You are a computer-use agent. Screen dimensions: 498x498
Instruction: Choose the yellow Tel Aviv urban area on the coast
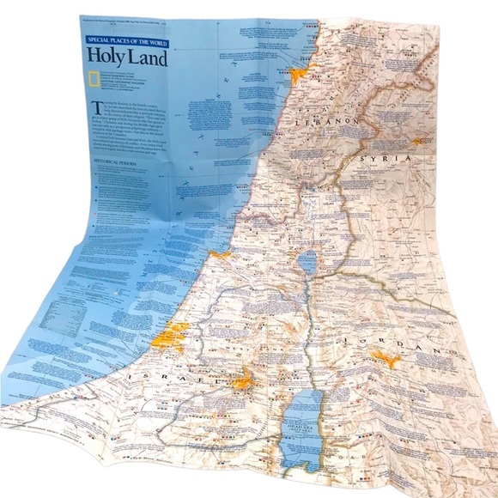point(174,333)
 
